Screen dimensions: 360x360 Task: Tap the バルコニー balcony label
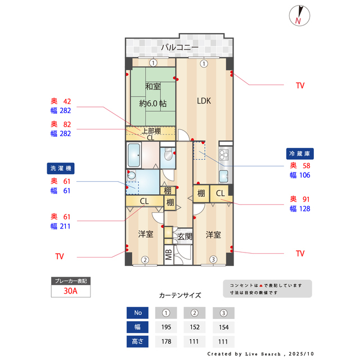pos(179,47)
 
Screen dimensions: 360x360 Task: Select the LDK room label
pos(203,101)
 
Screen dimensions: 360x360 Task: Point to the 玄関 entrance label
pos(184,237)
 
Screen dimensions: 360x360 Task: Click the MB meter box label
pos(169,255)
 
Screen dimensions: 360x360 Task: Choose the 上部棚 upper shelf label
pos(150,131)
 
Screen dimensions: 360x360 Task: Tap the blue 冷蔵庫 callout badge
pos(304,153)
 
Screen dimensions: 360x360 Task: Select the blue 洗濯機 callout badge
pos(60,168)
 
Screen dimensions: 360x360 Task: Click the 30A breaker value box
pos(70,291)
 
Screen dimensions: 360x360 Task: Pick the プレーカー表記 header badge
pos(70,281)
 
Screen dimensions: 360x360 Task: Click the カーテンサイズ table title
pos(179,295)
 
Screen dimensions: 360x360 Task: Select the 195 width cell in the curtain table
pos(166,327)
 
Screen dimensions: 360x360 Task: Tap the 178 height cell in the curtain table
pos(166,341)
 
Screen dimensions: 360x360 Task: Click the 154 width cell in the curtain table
pos(223,327)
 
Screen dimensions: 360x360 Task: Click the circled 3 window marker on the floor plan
pos(213,259)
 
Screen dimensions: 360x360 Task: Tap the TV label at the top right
pos(300,85)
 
